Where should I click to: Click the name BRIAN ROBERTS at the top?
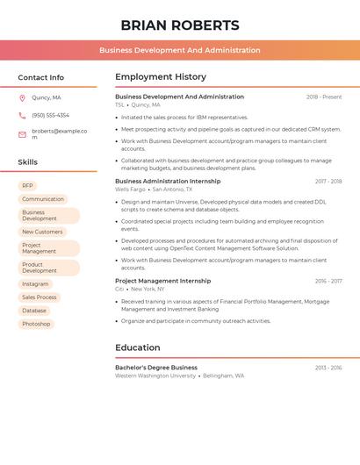click(179, 25)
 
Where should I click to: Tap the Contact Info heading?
click(41, 77)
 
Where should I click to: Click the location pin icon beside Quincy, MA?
click(22, 98)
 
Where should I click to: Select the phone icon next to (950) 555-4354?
click(22, 115)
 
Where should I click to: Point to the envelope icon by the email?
click(22, 134)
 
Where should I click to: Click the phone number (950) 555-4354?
click(50, 115)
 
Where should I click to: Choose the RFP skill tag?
click(27, 186)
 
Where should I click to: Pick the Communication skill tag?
click(43, 199)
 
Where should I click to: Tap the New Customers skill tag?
click(42, 232)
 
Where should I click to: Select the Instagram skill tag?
click(35, 284)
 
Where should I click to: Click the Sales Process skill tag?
click(40, 297)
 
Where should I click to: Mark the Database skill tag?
click(34, 311)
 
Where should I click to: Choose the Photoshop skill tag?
click(36, 324)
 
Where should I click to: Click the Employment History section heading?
click(161, 77)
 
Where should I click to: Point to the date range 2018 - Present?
click(324, 97)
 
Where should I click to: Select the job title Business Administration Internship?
click(168, 182)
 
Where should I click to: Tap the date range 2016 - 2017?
click(328, 282)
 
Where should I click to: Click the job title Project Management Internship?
click(162, 281)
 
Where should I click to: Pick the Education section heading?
click(138, 347)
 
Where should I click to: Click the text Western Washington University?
click(155, 376)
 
